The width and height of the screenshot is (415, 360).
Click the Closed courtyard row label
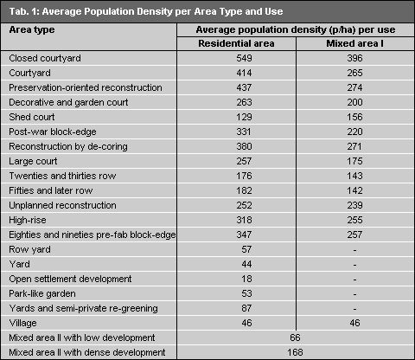click(45, 57)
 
